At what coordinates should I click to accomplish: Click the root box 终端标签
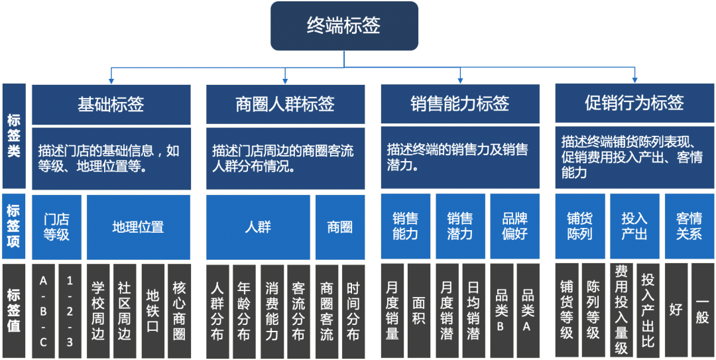(x=344, y=26)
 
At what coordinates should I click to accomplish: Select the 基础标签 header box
(x=111, y=104)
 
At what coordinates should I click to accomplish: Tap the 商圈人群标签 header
(x=285, y=104)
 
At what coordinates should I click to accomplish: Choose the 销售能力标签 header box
(x=459, y=104)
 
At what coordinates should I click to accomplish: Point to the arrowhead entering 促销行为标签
(x=634, y=80)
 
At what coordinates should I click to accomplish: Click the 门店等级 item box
(x=56, y=227)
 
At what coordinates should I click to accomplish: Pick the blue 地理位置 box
(x=138, y=227)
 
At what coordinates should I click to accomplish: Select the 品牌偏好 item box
(x=514, y=227)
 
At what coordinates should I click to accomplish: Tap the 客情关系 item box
(x=689, y=227)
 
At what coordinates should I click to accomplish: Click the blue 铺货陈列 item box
(x=579, y=227)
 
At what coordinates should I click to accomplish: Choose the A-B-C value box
(x=44, y=311)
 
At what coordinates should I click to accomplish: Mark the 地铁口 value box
(x=152, y=311)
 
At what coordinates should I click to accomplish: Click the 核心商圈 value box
(x=179, y=311)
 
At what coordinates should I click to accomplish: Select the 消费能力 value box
(x=272, y=311)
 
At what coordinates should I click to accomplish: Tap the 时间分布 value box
(x=352, y=311)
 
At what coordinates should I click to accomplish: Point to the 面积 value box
(x=419, y=311)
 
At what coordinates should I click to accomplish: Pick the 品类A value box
(x=528, y=311)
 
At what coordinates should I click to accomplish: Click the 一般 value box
(x=702, y=311)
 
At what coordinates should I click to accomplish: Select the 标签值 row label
(x=14, y=311)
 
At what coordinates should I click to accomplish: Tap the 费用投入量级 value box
(x=621, y=311)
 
